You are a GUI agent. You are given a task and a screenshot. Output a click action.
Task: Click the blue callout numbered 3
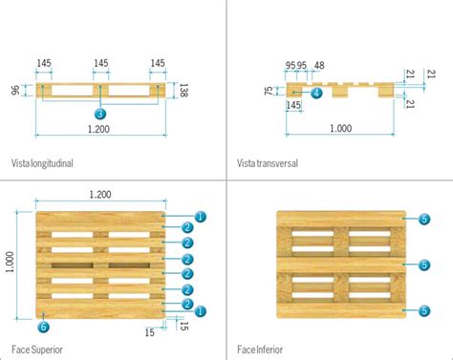[x=100, y=113]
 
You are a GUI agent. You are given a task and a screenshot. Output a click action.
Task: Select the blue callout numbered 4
[x=316, y=93]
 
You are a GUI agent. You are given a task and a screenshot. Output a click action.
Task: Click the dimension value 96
[x=14, y=91]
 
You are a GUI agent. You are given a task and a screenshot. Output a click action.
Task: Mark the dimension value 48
[x=319, y=67]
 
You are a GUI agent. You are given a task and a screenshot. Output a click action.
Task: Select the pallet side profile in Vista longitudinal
[x=100, y=91]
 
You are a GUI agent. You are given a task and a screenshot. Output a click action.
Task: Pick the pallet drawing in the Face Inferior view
[x=339, y=263]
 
